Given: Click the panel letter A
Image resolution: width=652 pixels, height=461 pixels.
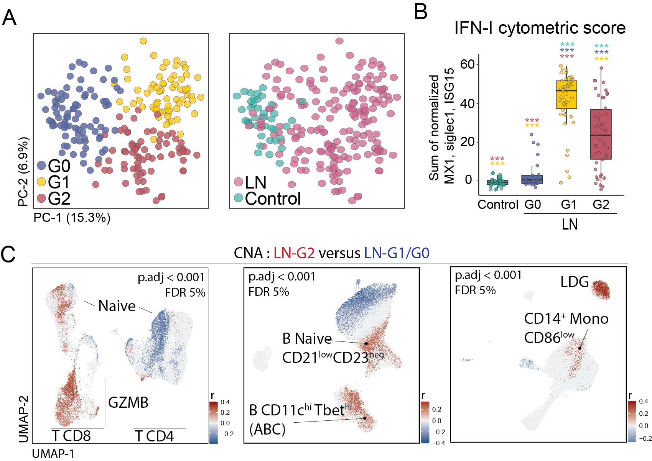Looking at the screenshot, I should point(9,18).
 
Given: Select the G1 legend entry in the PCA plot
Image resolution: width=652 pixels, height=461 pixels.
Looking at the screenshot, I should point(54,182).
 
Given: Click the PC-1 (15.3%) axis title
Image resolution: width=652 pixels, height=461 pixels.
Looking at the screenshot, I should point(72,218).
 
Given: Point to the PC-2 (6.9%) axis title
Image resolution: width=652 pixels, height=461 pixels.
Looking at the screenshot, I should point(23,171).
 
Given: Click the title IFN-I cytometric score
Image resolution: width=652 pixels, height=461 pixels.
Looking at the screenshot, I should point(540,28).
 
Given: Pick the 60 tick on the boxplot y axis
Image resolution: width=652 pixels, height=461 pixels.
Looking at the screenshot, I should point(468,64).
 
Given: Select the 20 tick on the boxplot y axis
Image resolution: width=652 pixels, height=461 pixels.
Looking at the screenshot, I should point(468,142).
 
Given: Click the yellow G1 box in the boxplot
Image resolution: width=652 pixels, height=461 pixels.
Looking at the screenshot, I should point(566,95).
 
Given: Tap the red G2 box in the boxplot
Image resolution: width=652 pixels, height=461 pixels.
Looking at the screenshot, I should point(601,134).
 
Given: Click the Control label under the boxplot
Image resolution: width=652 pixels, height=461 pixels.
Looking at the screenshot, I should point(498,205).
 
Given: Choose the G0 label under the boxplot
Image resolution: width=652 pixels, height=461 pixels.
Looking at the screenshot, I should point(533,205).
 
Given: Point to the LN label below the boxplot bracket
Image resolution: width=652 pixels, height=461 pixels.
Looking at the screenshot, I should point(570,224).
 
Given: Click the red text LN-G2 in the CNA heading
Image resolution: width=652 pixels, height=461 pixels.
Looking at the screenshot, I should point(294,253).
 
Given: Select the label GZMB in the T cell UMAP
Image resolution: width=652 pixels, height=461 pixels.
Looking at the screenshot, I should point(128,402).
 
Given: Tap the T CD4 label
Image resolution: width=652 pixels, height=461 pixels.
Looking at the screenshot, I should point(155,436).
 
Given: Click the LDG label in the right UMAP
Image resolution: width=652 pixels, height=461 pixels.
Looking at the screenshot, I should point(574,282).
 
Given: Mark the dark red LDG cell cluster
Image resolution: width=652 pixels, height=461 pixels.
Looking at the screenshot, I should point(601,290).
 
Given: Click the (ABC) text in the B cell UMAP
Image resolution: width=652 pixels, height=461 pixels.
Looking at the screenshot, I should point(267,429).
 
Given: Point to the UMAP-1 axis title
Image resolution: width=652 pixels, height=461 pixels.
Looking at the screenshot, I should point(53,454).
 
